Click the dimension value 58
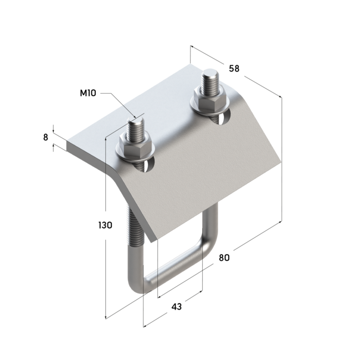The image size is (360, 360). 234,69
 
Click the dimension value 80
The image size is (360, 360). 224,257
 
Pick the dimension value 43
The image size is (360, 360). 177,306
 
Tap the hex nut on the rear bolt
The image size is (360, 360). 208,101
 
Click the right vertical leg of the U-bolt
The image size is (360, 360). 210,227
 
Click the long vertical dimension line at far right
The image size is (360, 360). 281,161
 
